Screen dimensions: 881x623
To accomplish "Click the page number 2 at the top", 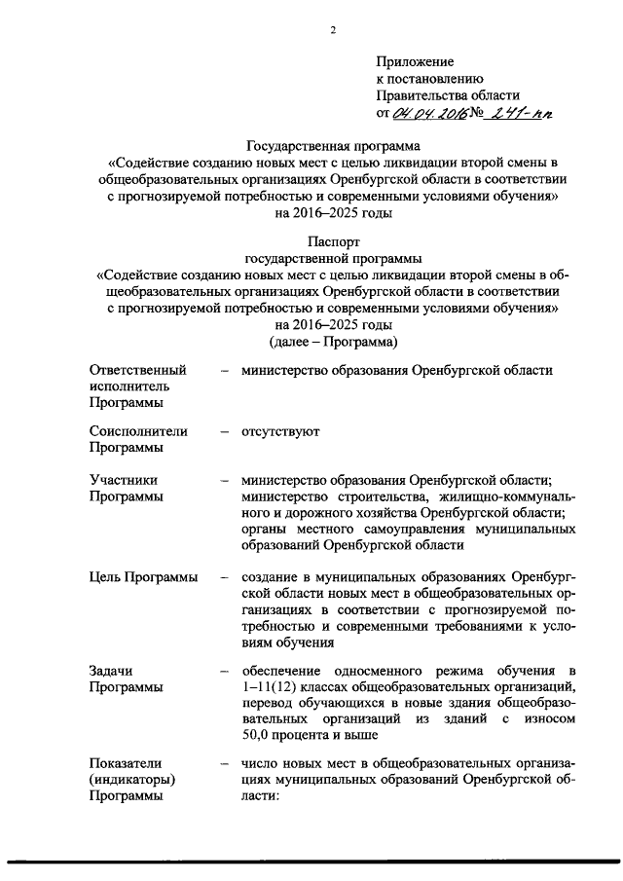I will click(333, 30).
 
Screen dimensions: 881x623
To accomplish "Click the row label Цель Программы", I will click(143, 577).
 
